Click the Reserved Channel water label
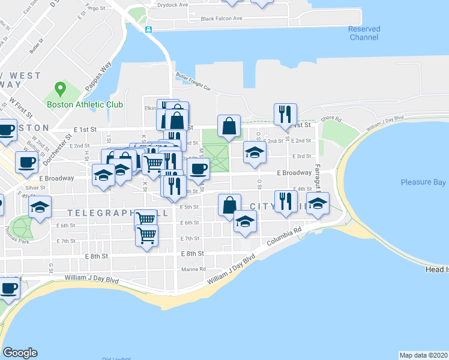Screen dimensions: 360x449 (x=364, y=33)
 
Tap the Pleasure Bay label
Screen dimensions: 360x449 (x=424, y=182)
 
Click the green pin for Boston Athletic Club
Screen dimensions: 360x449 (x=59, y=90)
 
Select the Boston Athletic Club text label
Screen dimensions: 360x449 (x=85, y=104)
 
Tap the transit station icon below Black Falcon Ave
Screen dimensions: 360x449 (x=148, y=29)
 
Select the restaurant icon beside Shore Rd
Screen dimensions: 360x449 (x=284, y=113)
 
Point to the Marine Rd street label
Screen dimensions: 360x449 (x=194, y=269)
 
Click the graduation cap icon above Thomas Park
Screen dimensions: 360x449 (x=40, y=207)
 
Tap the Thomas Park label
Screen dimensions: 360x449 (x=33, y=241)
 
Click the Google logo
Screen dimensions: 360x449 (x=20, y=353)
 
